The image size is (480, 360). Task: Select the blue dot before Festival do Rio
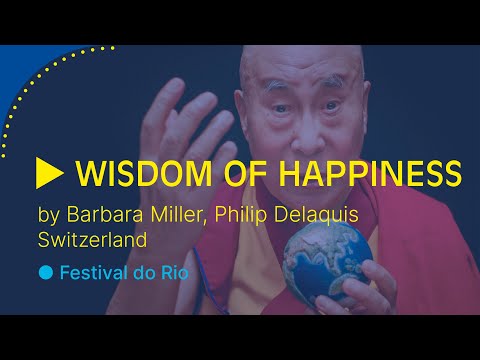pos(45,272)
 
